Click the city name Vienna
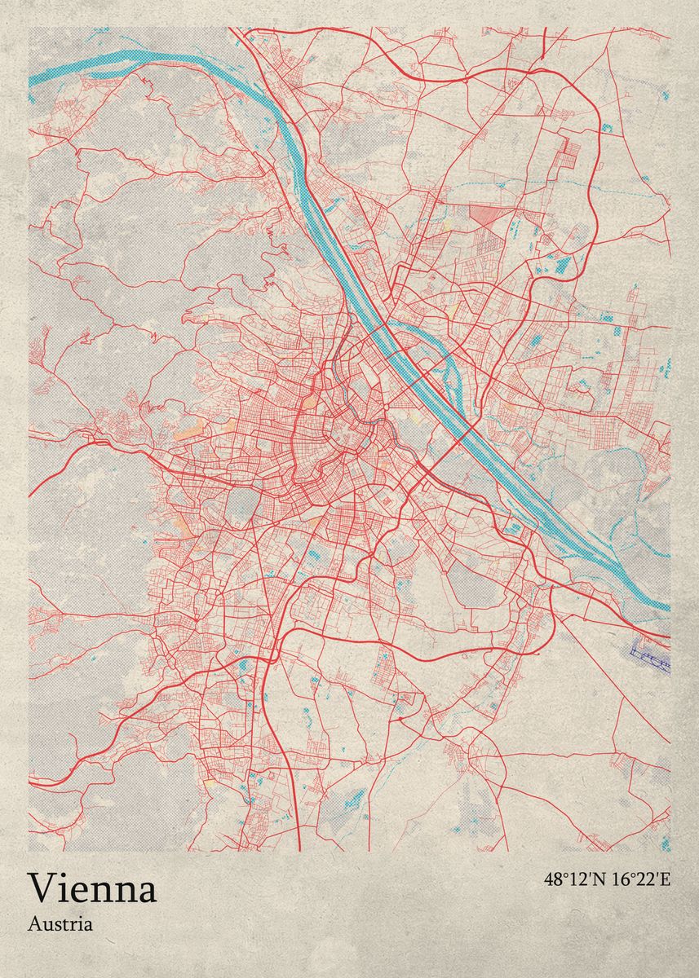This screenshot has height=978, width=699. tap(92, 888)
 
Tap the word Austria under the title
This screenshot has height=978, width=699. tap(60, 924)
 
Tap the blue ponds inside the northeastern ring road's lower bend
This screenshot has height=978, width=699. tap(563, 265)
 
